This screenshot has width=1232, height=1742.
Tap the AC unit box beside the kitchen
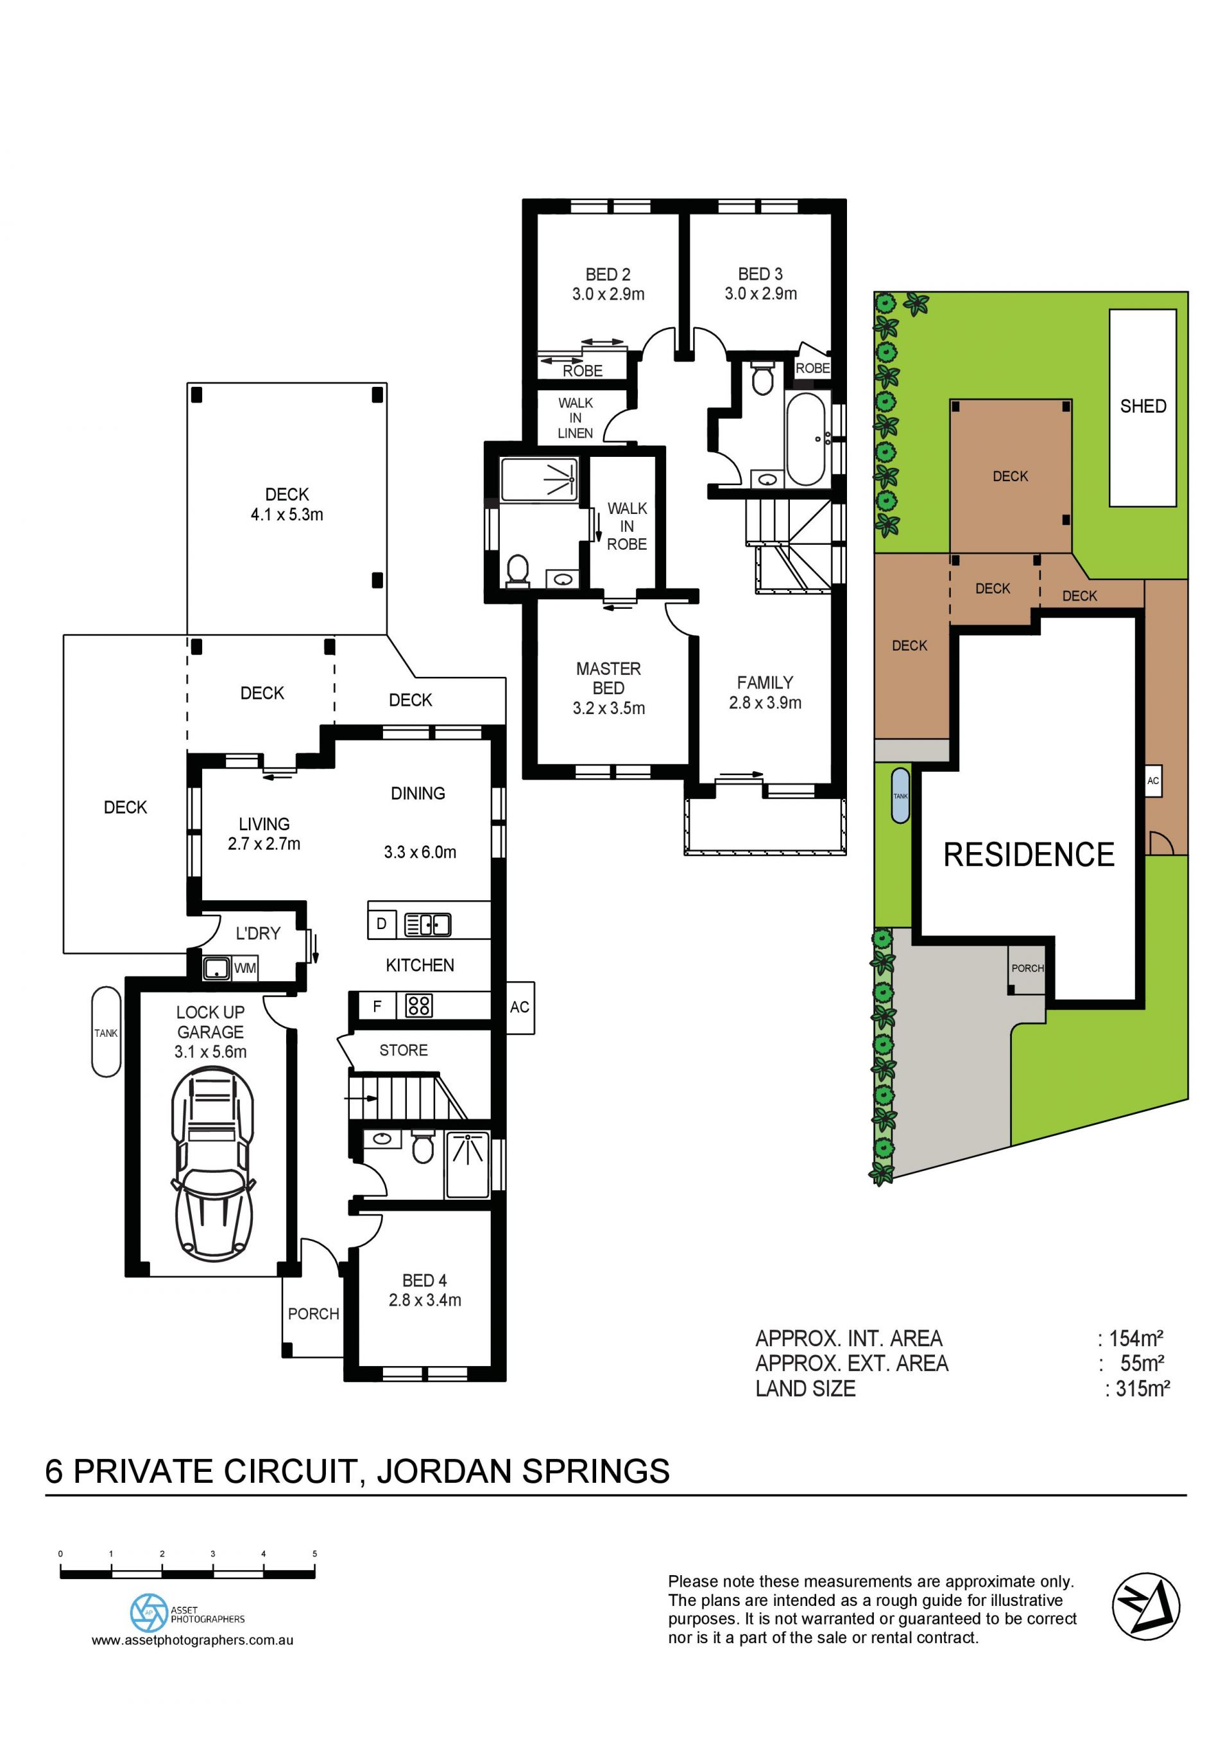(520, 1007)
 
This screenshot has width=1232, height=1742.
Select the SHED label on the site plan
(1143, 406)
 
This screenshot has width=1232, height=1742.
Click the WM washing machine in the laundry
(245, 968)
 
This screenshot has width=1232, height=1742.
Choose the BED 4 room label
(424, 1281)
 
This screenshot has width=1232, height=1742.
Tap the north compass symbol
(1145, 1606)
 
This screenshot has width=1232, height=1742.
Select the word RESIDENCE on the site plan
(1029, 855)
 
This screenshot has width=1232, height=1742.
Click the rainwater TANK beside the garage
(107, 1032)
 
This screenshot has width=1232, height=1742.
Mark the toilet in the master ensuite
(517, 570)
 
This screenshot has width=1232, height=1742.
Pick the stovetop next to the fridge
(419, 1006)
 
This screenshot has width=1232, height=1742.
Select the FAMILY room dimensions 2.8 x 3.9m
(765, 703)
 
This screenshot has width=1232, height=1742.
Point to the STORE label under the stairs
(404, 1050)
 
